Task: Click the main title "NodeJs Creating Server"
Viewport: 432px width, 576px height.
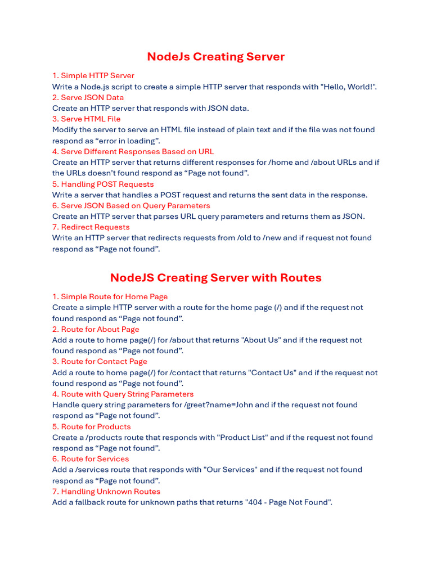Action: [215, 57]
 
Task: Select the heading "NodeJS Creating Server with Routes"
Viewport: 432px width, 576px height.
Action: [215, 278]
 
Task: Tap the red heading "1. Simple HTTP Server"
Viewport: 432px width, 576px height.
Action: [93, 75]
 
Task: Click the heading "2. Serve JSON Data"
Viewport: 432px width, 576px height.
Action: [88, 97]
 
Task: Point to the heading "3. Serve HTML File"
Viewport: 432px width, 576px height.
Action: [86, 119]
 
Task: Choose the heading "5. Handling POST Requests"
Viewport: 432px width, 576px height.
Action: [102, 184]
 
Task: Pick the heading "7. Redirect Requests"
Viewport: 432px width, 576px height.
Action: [91, 227]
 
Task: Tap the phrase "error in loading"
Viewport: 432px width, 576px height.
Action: [128, 141]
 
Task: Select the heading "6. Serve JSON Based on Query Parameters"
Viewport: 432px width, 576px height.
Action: [131, 206]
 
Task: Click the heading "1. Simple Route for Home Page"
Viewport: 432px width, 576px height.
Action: [110, 296]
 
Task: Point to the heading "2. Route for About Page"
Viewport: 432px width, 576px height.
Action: [96, 329]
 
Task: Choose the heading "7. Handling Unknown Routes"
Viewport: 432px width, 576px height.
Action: [106, 492]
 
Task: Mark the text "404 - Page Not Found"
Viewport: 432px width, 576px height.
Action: [287, 502]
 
